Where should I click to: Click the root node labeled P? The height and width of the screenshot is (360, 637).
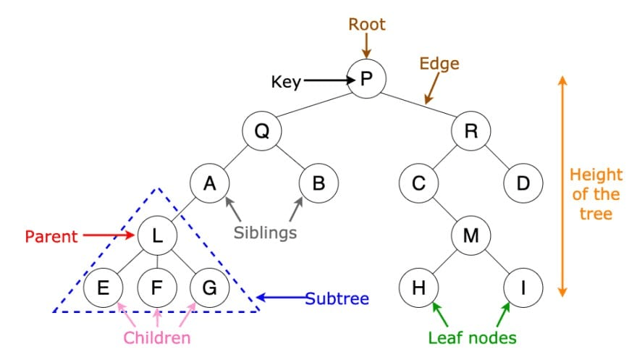pos(366,78)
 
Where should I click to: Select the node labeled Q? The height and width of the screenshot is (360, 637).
pos(261,131)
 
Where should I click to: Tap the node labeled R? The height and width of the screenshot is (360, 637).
pos(471,131)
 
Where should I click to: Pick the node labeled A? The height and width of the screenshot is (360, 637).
pos(210,183)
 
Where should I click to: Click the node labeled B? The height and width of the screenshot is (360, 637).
pos(318,183)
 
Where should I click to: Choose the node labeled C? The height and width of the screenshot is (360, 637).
pos(418,183)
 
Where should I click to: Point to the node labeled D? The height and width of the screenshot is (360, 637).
pos(523,183)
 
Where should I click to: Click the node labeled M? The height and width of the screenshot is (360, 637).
pos(471,235)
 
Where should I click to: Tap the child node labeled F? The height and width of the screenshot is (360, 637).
pos(157,288)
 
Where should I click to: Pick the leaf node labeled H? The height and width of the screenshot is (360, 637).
pos(418,288)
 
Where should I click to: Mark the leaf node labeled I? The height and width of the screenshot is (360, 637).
pos(523,288)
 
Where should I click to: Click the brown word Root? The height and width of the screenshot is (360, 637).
pos(367,24)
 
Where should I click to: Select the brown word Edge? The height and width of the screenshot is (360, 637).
pos(439,64)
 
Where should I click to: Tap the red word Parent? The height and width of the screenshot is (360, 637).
pos(51,235)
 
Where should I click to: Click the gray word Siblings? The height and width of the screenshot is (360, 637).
pos(265,233)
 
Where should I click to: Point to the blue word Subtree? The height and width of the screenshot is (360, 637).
pos(337,298)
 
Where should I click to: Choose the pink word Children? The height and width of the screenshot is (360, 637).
pos(157,338)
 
